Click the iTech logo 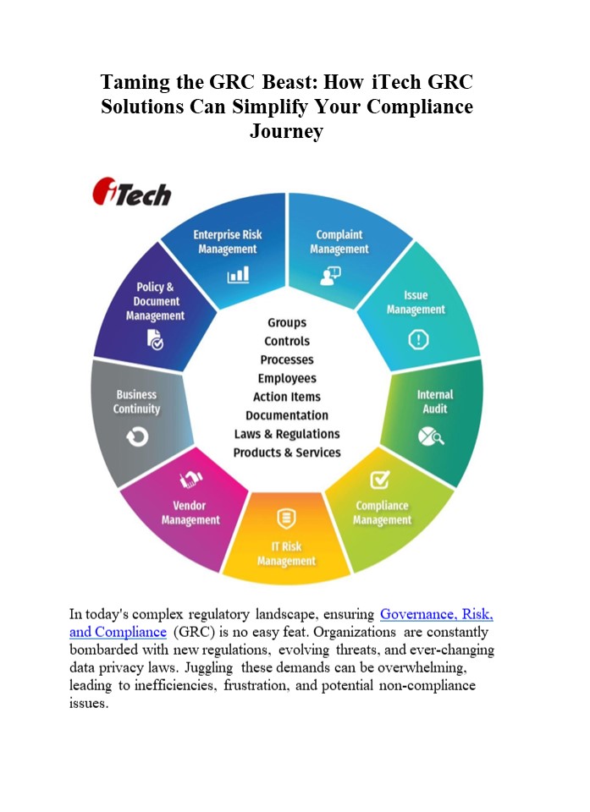click(131, 192)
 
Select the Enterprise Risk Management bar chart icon click(238, 274)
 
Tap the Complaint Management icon click(329, 274)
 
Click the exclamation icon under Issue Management click(418, 340)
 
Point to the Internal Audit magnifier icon click(431, 436)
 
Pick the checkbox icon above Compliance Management click(381, 480)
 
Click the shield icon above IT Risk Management click(286, 518)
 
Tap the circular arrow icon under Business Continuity click(137, 436)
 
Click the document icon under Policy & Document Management click(155, 341)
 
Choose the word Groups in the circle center click(287, 322)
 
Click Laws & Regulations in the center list click(287, 434)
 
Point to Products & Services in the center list click(287, 453)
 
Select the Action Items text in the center click(287, 397)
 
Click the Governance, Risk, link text click(436, 614)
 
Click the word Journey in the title click(286, 132)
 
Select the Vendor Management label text click(190, 513)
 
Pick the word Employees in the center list click(287, 378)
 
